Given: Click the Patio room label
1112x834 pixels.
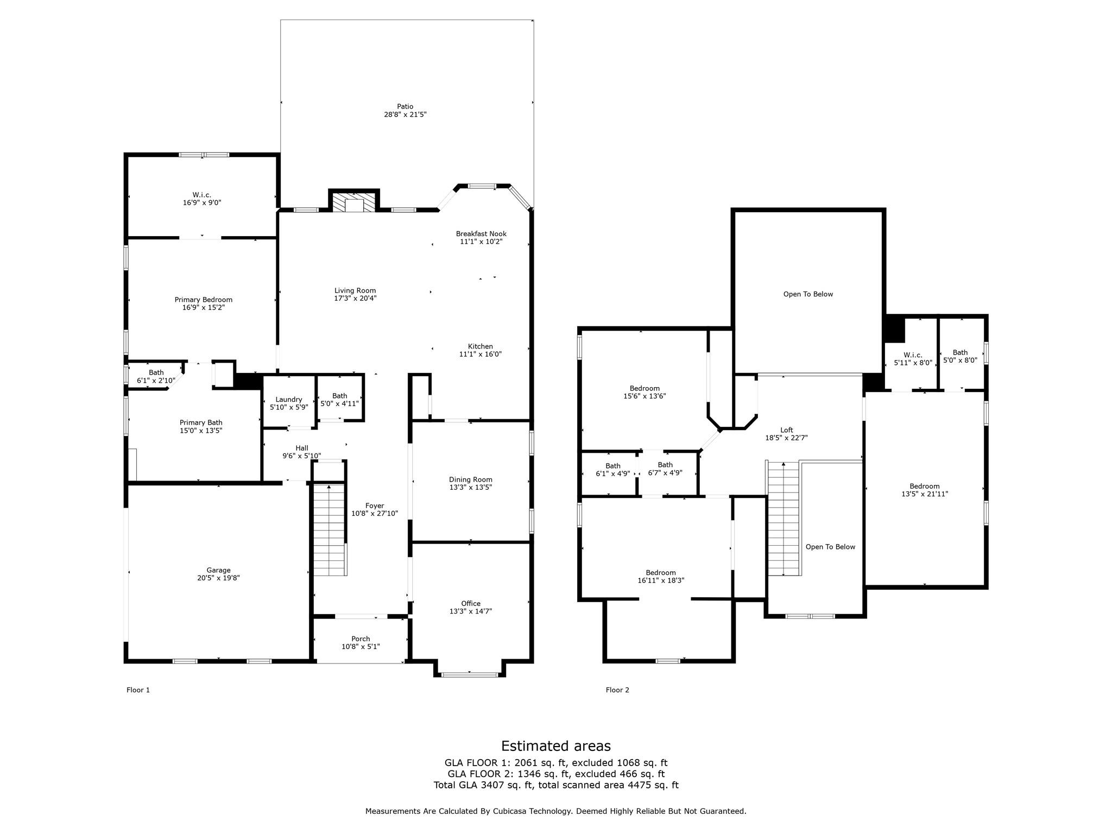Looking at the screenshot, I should point(405,107).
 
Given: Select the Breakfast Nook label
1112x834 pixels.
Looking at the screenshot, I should point(481,234).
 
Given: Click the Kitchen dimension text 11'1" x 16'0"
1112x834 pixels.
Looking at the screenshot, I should point(480,354).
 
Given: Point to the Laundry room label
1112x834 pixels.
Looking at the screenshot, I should point(288,400).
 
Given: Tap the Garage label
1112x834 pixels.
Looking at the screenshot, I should point(218,570).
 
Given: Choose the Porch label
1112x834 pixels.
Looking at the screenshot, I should point(361,639).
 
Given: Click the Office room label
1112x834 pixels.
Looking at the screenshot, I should point(470,603).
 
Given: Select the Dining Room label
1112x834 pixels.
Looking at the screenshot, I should point(470,479).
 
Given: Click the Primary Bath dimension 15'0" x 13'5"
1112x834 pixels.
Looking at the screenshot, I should point(201,431).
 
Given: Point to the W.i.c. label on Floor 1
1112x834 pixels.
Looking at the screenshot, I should point(201,195).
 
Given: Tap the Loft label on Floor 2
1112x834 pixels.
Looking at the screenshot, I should point(786,430).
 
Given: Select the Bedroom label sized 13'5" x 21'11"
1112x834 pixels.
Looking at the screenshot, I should point(924,486).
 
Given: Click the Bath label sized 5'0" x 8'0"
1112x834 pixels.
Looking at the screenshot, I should point(959,353).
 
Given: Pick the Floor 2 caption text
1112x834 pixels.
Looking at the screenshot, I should point(617,690).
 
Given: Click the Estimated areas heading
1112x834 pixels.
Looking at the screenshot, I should point(555,746).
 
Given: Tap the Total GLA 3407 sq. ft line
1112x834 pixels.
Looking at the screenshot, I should point(555,785).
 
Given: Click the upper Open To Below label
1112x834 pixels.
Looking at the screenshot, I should point(807,294).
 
